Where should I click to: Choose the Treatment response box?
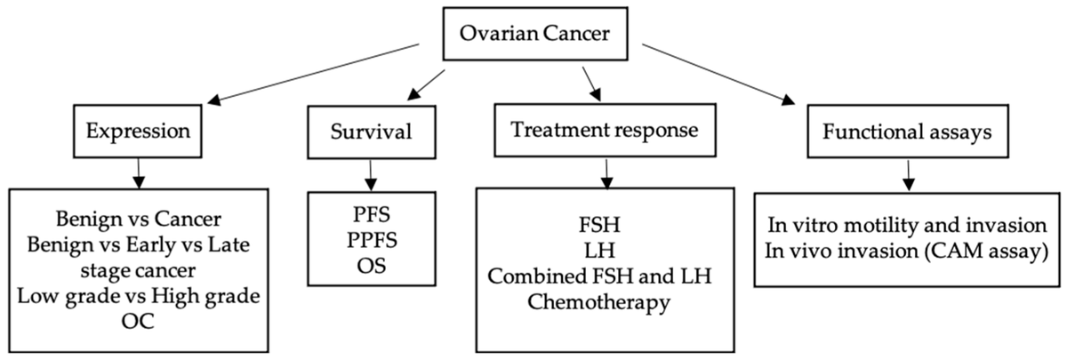coord(604,131)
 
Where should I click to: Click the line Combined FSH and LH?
coord(605,278)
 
